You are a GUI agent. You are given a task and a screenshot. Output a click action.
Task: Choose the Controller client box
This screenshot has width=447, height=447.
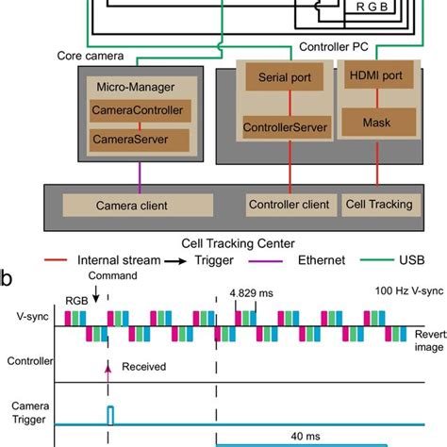(x=288, y=204)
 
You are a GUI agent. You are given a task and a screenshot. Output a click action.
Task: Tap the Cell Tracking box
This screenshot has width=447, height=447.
(x=375, y=204)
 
